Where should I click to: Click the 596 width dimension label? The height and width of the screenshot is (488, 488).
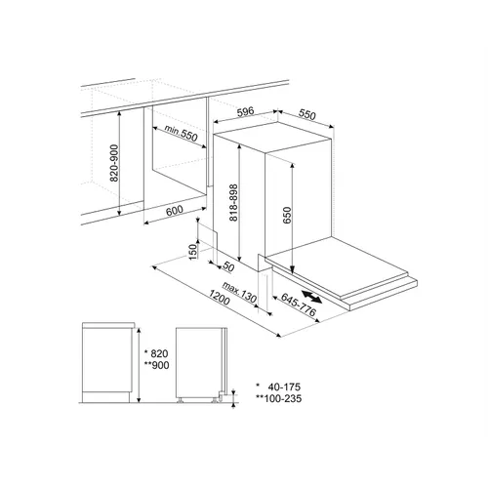coord(245,111)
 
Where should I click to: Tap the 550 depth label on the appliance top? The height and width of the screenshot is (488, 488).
coord(307,115)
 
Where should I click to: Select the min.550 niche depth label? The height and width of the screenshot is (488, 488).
coord(181,134)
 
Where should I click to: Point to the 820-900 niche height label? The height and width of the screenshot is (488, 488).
coord(114,163)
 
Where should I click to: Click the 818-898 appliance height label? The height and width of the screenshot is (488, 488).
coord(233,203)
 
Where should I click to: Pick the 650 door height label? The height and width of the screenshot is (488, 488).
coord(287,216)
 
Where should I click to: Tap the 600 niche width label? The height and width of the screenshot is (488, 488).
coord(175,211)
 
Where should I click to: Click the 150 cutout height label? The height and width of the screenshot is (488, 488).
coord(193,251)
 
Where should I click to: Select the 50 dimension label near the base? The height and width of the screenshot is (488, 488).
coord(228,267)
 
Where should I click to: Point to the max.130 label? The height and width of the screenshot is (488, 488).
coord(239,292)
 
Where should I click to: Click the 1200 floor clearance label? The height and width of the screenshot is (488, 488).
coord(220,298)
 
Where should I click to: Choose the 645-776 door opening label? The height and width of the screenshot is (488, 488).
coord(298,305)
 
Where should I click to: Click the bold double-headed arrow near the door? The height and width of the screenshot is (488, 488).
coord(312,297)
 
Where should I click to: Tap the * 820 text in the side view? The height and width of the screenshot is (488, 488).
coord(156,353)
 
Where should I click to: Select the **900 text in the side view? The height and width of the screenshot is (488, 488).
coord(157,365)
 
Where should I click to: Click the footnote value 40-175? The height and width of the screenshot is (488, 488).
coord(284,386)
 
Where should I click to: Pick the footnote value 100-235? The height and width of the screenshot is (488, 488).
coord(283,398)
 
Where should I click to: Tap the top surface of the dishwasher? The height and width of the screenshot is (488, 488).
coord(274,138)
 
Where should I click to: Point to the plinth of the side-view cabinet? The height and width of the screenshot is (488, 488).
coord(106,397)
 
